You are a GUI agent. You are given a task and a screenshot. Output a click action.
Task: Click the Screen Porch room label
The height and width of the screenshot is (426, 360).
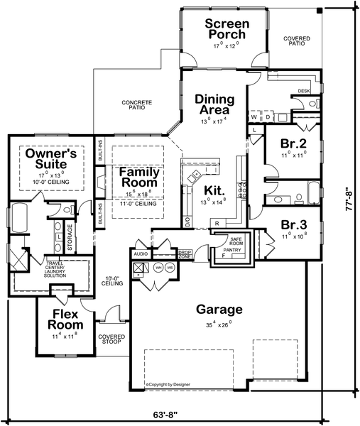tap(225, 29)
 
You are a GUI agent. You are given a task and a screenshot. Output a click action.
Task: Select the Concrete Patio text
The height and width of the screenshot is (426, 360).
tap(136, 105)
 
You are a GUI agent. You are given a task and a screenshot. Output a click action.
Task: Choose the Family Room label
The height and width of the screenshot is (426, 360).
tap(138, 177)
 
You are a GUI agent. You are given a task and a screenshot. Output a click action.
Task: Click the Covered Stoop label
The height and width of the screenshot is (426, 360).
tap(111, 340)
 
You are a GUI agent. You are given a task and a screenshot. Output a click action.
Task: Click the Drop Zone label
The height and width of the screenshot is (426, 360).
tap(185, 253)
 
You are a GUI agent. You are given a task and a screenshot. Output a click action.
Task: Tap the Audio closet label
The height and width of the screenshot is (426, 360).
tap(140, 253)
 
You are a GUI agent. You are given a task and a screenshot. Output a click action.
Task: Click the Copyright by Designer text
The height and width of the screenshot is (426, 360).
tap(170, 384)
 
